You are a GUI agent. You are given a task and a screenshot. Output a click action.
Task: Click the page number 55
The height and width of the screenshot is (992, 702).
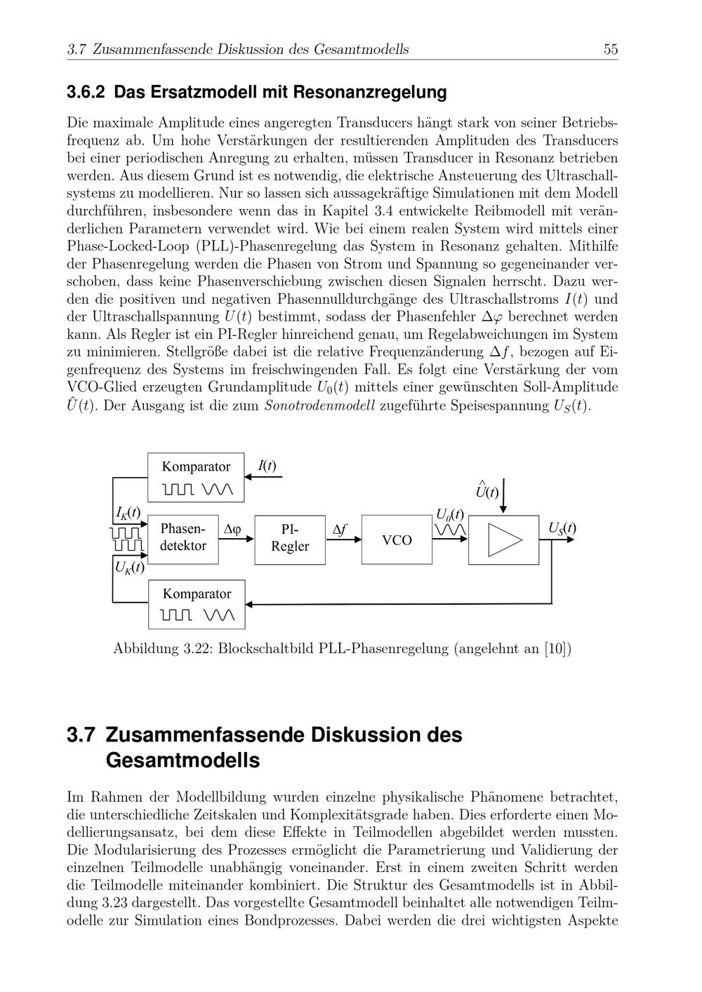610,49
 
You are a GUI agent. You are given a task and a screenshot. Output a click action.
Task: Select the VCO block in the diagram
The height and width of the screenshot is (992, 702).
397,539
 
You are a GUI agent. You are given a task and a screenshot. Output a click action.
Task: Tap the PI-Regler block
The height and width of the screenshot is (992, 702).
290,538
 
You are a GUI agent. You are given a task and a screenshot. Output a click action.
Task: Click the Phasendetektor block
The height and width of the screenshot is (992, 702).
183,537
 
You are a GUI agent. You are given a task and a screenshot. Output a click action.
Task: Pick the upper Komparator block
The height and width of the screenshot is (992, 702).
196,477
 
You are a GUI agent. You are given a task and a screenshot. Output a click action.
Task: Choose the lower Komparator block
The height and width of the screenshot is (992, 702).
197,604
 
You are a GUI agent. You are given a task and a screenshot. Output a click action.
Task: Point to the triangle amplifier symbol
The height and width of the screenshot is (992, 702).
505,539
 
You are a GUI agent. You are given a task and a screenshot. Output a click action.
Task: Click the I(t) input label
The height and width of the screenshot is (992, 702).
267,466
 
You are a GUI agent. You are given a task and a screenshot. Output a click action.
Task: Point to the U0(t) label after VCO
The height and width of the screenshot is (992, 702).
449,515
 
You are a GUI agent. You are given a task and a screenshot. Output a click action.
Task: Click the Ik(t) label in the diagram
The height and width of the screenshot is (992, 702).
128,513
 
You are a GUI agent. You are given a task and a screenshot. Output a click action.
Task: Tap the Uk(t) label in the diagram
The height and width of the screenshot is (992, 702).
128,567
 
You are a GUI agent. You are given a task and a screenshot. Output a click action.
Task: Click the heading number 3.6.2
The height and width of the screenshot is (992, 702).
86,92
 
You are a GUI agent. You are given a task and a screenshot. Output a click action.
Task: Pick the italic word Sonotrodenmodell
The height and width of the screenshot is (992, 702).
319,406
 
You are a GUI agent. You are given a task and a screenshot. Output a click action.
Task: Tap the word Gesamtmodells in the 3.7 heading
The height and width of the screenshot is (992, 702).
183,760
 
